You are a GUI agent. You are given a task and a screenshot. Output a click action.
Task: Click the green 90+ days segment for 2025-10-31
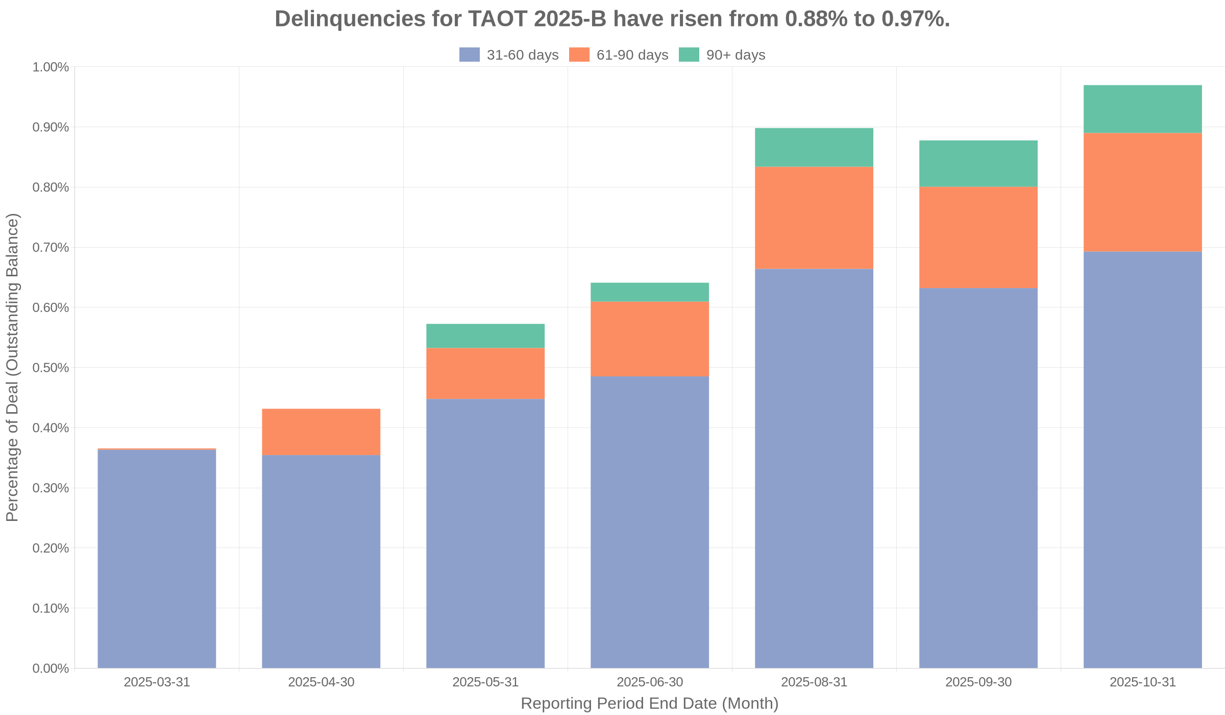tap(1142, 109)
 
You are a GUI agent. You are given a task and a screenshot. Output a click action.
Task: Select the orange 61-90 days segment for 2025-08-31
tap(814, 218)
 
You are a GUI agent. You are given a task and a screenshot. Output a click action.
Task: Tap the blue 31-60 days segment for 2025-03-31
tap(157, 559)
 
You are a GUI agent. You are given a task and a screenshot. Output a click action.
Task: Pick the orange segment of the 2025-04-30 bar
tap(321, 432)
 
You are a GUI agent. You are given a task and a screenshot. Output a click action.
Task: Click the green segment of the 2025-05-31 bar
tap(485, 336)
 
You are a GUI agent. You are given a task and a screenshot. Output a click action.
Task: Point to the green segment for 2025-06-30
tap(649, 292)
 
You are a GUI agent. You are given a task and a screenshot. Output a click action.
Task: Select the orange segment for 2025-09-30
tap(978, 237)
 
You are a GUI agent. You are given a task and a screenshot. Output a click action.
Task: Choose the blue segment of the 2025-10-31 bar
tap(1142, 460)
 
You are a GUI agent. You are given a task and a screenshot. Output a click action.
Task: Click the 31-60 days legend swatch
tap(470, 55)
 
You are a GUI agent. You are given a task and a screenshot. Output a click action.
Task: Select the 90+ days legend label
tap(736, 55)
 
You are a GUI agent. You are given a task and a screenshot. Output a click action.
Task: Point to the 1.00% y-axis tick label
tap(51, 67)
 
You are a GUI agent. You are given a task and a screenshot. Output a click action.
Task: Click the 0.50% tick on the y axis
tap(51, 368)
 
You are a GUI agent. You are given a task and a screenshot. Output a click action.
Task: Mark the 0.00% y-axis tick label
tap(51, 668)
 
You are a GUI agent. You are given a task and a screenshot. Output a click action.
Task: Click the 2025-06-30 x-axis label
tap(649, 682)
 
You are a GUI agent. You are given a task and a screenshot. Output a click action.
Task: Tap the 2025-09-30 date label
tap(978, 682)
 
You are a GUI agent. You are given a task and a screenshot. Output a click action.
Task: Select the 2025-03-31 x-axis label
tap(157, 682)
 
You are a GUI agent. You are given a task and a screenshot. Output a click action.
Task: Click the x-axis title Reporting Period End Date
tap(649, 704)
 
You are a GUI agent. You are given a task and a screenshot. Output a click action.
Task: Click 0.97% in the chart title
tap(915, 19)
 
